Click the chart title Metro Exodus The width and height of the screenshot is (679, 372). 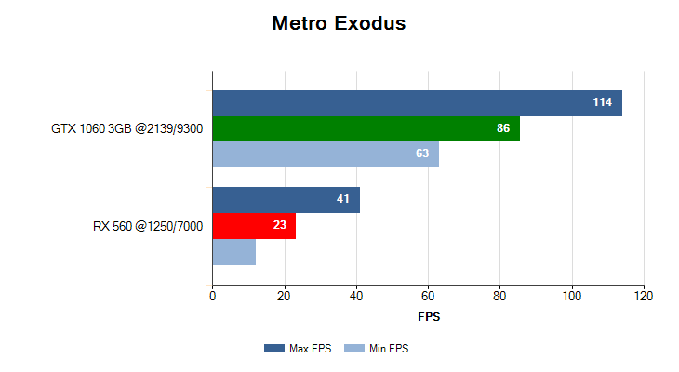339,23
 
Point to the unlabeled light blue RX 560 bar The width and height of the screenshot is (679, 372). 234,252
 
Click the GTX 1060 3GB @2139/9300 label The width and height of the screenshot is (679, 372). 127,128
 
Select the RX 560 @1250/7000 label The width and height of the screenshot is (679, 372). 148,226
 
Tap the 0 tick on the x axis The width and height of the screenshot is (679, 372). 213,297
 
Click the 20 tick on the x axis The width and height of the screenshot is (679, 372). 285,297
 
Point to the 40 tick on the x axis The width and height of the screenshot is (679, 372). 356,297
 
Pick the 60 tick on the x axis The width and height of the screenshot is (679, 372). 428,297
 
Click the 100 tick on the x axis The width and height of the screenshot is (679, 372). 572,297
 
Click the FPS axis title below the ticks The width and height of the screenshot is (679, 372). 429,317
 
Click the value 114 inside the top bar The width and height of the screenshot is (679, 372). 603,102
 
